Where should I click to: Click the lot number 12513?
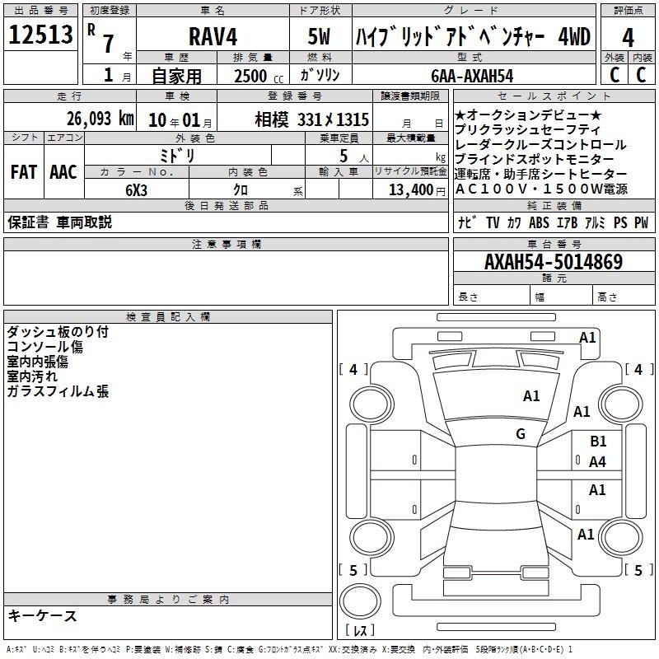pyautogui.click(x=40, y=35)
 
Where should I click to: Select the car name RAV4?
pyautogui.click(x=213, y=36)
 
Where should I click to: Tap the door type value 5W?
pyautogui.click(x=319, y=36)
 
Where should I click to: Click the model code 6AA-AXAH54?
pyautogui.click(x=472, y=76)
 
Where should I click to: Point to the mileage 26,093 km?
pyautogui.click(x=100, y=119)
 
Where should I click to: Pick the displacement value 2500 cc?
pyautogui.click(x=259, y=77)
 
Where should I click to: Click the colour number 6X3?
pyautogui.click(x=136, y=190)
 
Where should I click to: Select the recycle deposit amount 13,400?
pyautogui.click(x=410, y=190)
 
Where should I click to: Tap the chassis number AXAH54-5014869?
pyautogui.click(x=554, y=262)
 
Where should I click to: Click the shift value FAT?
pyautogui.click(x=24, y=172)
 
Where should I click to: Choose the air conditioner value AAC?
pyautogui.click(x=63, y=172)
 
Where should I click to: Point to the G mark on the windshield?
pyautogui.click(x=521, y=433)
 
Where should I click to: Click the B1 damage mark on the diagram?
pyautogui.click(x=598, y=442)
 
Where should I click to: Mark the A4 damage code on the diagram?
pyautogui.click(x=597, y=462)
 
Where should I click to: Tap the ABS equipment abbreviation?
pyautogui.click(x=539, y=222)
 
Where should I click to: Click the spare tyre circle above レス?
pyautogui.click(x=360, y=601)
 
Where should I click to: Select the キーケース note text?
pyautogui.click(x=42, y=615)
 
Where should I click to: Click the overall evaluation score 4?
pyautogui.click(x=628, y=38)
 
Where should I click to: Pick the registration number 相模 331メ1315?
pyautogui.click(x=312, y=120)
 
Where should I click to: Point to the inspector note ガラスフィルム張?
pyautogui.click(x=58, y=391)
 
